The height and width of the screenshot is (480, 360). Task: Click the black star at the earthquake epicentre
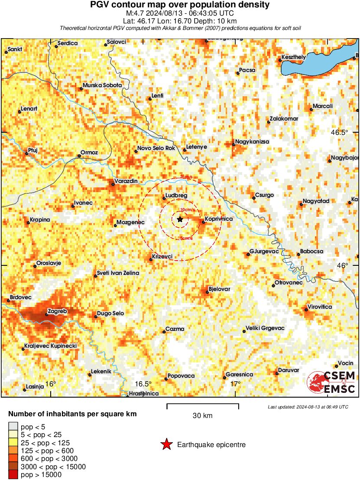coord(180,219)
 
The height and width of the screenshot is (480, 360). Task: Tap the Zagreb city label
coord(57,311)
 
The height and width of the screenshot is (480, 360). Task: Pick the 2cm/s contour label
coord(187,177)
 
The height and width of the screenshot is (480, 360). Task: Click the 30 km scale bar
coord(203,407)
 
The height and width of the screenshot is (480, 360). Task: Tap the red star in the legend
coord(166,444)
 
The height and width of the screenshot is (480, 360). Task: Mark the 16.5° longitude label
coord(143,384)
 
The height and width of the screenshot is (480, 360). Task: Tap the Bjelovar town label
coord(219,289)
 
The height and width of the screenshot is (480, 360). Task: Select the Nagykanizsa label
coord(252,142)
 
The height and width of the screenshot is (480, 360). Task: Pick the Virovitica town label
coord(320,307)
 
